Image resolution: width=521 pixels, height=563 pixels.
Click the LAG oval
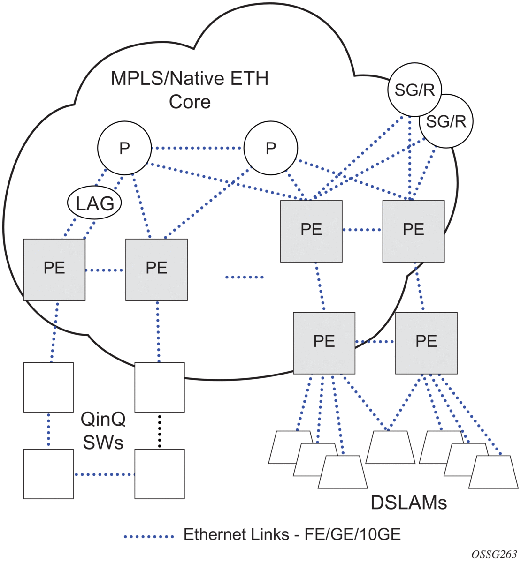(95, 203)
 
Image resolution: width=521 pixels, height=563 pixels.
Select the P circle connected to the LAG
(124, 148)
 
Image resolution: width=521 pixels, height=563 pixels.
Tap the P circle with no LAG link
(271, 148)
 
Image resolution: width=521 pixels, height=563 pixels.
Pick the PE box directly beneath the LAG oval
(54, 270)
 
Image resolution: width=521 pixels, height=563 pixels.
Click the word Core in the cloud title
(190, 102)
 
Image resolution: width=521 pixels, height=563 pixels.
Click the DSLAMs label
(408, 503)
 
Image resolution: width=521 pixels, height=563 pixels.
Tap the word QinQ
(103, 419)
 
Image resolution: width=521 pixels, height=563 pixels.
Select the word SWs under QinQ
(103, 442)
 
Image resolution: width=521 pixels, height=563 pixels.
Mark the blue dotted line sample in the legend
(149, 535)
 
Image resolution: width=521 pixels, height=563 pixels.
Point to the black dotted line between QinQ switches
(160, 431)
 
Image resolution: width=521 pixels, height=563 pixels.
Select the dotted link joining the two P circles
(198, 148)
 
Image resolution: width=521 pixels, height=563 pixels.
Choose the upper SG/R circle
(414, 90)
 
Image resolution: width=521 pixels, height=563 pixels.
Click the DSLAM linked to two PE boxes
(391, 447)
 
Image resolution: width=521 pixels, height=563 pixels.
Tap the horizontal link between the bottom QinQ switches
(104, 474)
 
